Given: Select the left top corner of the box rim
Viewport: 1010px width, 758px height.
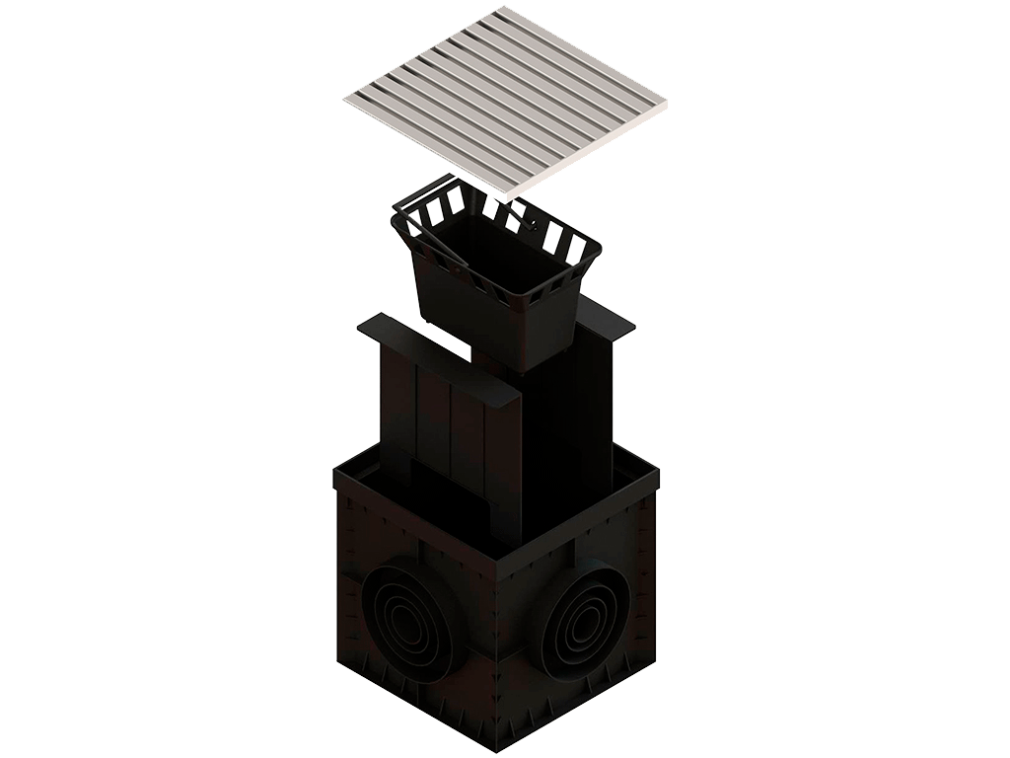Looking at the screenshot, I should click(x=333, y=472).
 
